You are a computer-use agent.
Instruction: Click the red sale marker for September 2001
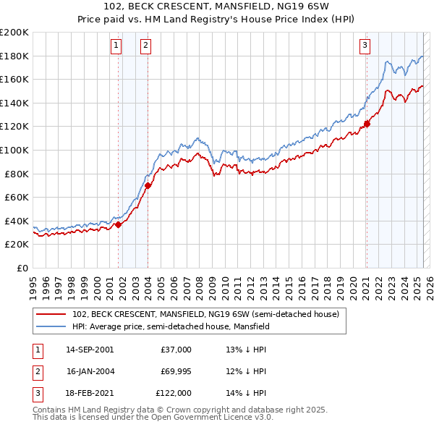pyautogui.click(x=118, y=224)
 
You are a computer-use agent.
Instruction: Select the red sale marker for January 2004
pyautogui.click(x=148, y=185)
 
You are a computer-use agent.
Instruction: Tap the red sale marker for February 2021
pyautogui.click(x=367, y=124)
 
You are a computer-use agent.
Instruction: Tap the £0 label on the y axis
pyautogui.click(x=22, y=268)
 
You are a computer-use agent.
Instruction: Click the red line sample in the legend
pyautogui.click(x=51, y=314)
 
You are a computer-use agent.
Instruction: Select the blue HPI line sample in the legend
pyautogui.click(x=51, y=326)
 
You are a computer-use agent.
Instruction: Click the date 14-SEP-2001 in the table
pyautogui.click(x=90, y=350)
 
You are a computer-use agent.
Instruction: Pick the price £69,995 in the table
pyautogui.click(x=176, y=371)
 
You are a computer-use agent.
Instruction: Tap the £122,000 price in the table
pyautogui.click(x=174, y=393)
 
